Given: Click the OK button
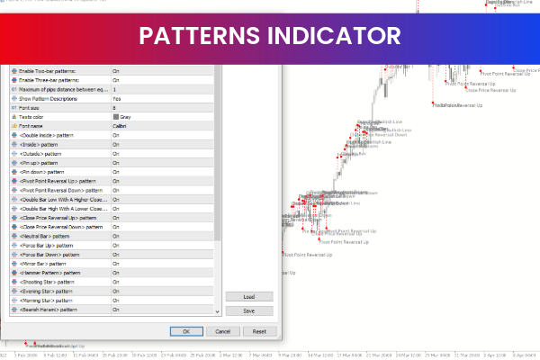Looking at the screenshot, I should (186, 331).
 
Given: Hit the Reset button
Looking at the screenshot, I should (260, 331).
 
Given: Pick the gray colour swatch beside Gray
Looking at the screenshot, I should (115, 117).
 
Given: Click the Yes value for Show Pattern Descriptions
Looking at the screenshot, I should (117, 98).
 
